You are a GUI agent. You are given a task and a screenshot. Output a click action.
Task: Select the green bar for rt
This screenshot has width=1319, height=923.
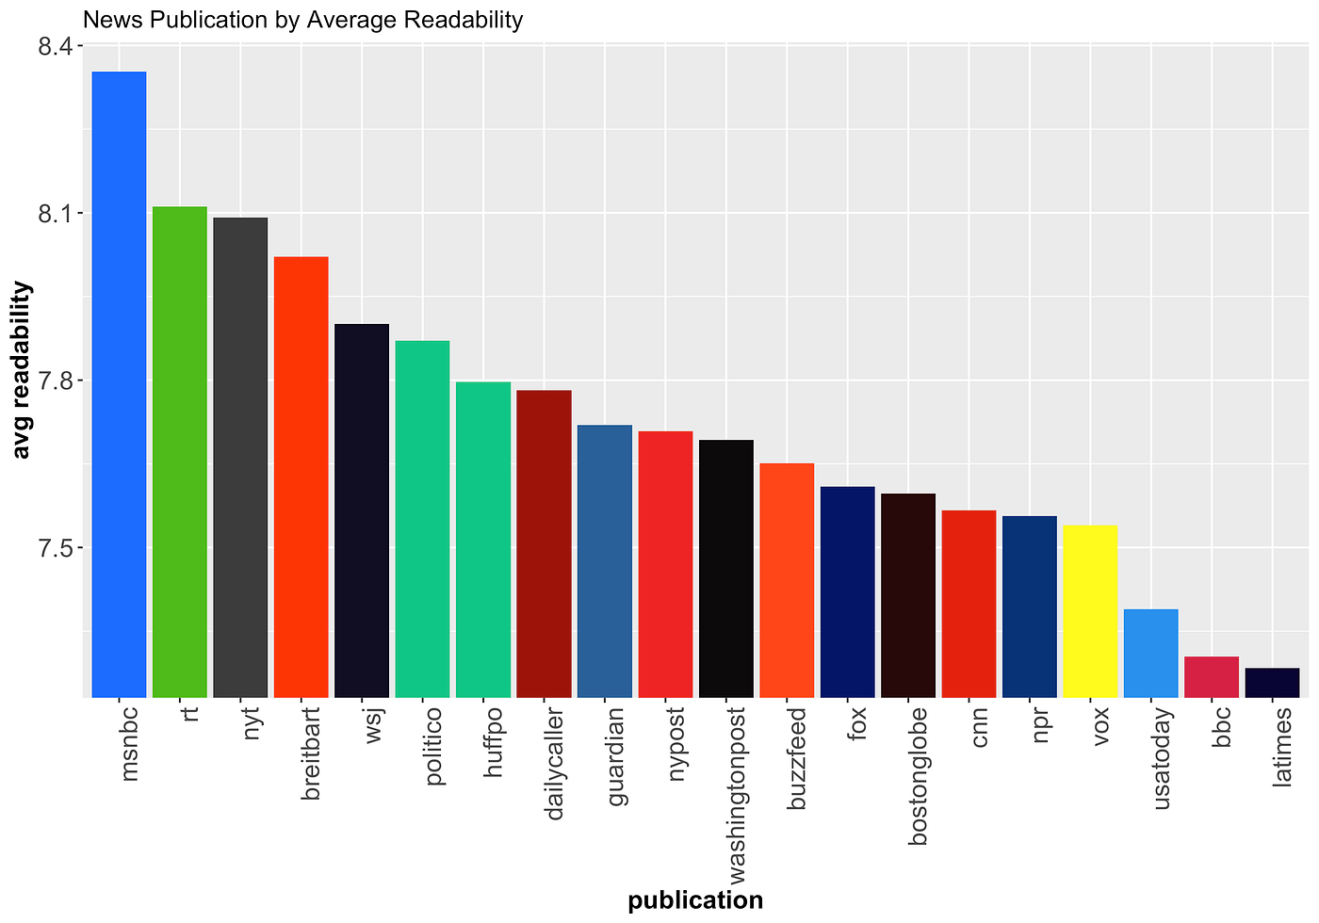pos(179,452)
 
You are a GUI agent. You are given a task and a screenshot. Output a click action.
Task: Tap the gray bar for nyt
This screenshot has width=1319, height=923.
pos(240,458)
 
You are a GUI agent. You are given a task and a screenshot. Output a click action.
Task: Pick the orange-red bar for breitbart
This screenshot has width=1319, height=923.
pos(301,477)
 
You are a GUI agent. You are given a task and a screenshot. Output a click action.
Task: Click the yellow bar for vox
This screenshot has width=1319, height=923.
pos(1090,611)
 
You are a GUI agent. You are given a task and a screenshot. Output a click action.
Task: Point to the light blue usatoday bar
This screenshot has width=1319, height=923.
pos(1150,654)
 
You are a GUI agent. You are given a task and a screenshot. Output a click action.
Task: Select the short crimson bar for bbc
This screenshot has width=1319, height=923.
pos(1212,677)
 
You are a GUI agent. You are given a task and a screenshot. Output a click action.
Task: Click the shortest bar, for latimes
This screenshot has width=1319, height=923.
pos(1272,683)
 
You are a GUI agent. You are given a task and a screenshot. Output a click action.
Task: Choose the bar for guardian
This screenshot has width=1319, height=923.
pos(604,561)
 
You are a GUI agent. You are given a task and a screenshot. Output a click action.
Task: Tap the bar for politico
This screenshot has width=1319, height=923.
pos(422,519)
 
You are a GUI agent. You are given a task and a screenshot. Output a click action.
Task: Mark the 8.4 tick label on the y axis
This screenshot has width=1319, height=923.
pos(57,46)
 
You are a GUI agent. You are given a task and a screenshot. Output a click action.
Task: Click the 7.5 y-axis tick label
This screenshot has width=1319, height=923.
pos(57,548)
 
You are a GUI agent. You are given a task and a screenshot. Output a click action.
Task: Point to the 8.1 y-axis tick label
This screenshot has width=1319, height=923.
pos(57,214)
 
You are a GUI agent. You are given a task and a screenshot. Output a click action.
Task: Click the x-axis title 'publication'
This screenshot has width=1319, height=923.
pos(695,900)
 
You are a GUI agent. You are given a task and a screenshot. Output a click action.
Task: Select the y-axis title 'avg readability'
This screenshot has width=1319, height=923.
pos(23,370)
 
